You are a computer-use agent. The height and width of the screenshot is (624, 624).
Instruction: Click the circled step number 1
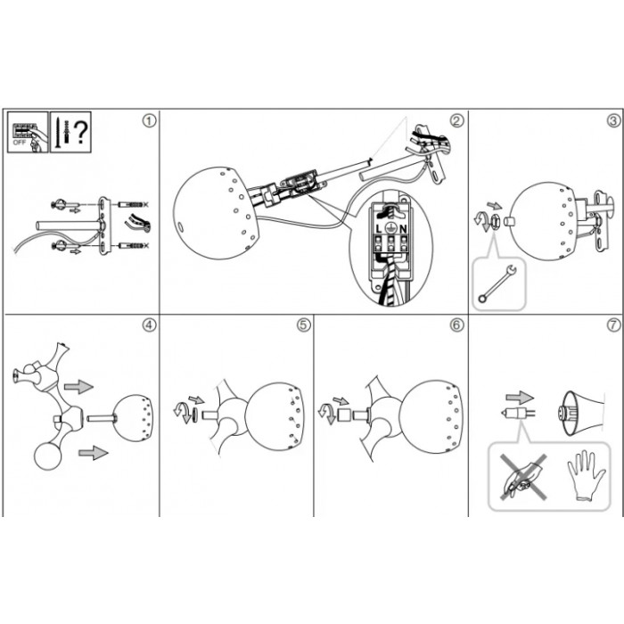point(149,120)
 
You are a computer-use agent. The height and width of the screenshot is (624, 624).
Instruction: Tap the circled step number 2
point(456,120)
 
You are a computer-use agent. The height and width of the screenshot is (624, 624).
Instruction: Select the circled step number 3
point(613,120)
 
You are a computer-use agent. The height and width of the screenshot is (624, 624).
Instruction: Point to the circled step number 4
point(149,325)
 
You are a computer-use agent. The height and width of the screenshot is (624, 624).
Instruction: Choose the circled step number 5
point(303,325)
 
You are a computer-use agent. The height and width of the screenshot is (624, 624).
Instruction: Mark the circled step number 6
point(456,325)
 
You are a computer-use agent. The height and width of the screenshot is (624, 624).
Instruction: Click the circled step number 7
point(613,325)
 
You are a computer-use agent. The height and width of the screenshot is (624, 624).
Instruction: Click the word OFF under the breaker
point(19,143)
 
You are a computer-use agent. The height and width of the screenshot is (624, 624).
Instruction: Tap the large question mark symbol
point(81,133)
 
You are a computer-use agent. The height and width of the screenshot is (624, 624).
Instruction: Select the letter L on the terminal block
point(379,229)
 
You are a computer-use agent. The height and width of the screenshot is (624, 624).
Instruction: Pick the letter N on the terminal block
point(403,229)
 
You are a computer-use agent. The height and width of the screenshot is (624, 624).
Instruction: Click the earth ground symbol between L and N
point(390,228)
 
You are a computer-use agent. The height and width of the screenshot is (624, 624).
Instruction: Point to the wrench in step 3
point(497,283)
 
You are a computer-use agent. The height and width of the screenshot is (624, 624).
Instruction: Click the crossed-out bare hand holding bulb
point(523,478)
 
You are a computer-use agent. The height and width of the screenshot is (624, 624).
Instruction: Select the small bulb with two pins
point(518,413)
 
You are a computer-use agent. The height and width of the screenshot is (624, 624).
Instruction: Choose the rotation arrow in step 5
point(182,414)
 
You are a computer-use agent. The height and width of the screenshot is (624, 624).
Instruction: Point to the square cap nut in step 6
point(343,415)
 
